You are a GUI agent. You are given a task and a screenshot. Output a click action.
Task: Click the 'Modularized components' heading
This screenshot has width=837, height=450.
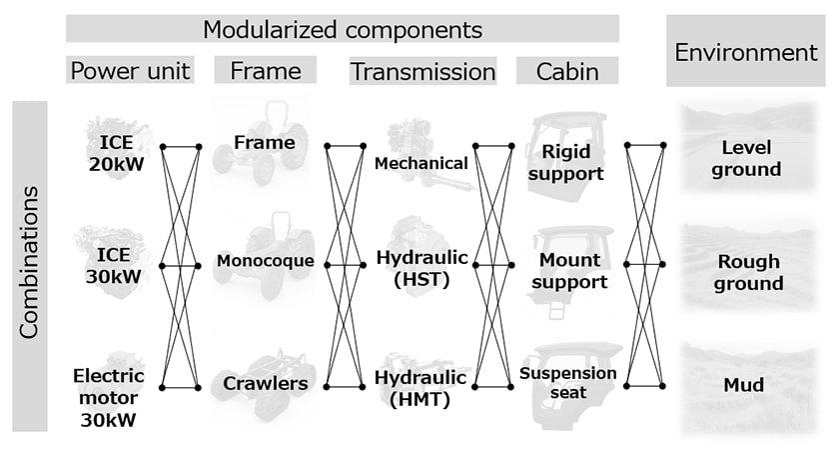click(x=343, y=29)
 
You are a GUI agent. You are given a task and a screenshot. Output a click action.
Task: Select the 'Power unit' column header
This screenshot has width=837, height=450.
click(x=130, y=71)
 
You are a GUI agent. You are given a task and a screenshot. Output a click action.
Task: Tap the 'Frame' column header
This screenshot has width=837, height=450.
click(x=265, y=71)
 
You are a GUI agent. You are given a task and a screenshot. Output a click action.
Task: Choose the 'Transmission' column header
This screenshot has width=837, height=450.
click(x=422, y=71)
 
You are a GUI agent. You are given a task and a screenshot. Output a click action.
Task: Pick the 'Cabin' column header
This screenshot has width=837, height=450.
click(x=566, y=71)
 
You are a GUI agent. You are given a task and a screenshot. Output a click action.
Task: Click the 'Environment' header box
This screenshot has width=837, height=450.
click(x=746, y=52)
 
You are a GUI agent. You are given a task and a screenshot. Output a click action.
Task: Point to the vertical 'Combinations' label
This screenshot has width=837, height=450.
click(x=29, y=262)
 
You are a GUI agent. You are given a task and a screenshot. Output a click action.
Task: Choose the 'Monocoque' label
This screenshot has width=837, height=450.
click(x=265, y=262)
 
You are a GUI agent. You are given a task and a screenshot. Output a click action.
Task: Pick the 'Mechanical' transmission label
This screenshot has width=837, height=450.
click(x=421, y=163)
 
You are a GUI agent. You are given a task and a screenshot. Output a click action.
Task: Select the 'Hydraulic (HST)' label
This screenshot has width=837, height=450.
click(x=420, y=269)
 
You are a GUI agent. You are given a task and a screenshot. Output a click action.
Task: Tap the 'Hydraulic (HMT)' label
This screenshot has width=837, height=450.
click(x=420, y=388)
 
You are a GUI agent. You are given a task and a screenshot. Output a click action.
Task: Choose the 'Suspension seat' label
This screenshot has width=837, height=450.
click(x=568, y=383)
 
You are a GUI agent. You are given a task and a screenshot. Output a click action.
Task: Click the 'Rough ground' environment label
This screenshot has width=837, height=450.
click(x=749, y=273)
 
